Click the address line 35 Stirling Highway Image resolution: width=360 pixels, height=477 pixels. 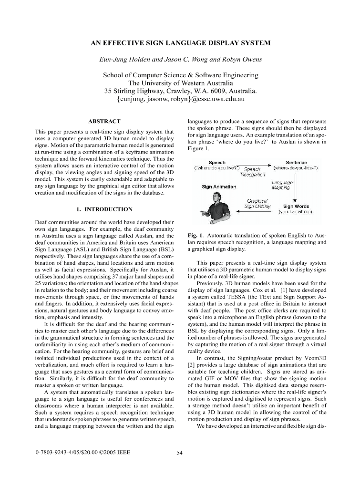point(180,91)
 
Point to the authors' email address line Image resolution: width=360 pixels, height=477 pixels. point(180,100)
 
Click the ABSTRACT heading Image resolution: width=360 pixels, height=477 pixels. point(104,122)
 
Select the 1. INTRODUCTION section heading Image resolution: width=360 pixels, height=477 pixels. point(104,209)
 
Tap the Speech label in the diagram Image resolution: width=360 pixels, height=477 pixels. point(217,163)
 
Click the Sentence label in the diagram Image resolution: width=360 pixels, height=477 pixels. point(296,163)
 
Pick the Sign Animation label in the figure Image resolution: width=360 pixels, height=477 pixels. point(219,187)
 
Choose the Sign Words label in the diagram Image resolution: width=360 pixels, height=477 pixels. point(296,207)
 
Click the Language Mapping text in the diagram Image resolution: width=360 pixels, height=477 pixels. point(282,185)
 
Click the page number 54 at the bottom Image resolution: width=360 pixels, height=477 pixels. point(180,453)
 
